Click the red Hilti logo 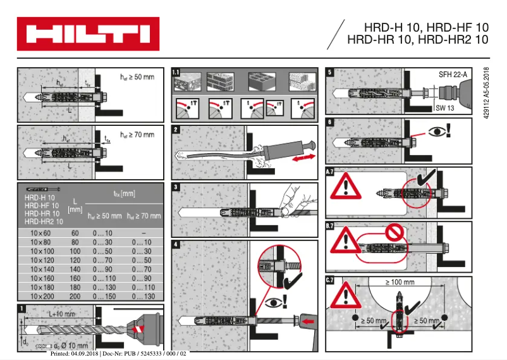[88, 34]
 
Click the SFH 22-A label [453, 75]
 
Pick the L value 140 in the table [75, 268]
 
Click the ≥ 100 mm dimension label [400, 282]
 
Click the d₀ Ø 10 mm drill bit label [69, 346]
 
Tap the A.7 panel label [330, 171]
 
